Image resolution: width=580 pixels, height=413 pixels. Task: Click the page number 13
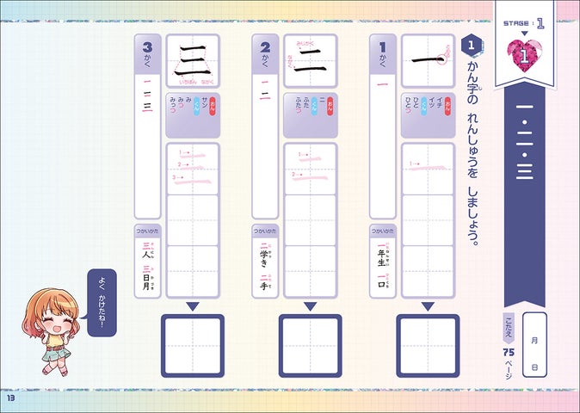[11, 398]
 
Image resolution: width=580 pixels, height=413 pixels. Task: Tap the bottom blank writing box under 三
[193, 345]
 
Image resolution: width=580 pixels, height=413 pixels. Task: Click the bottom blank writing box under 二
[310, 345]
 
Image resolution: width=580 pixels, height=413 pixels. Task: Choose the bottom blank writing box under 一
[428, 345]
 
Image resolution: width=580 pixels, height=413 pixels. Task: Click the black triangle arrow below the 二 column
[310, 305]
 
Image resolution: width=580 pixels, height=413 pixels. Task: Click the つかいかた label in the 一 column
[382, 231]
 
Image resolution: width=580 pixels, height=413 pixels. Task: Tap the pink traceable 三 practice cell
[193, 167]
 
